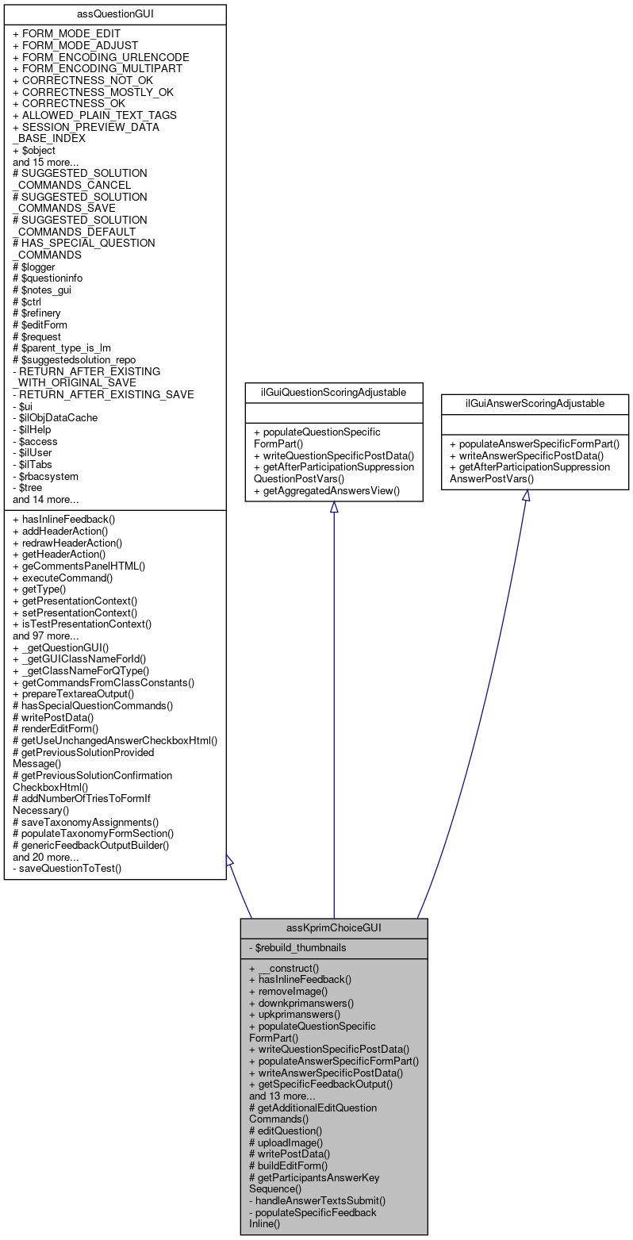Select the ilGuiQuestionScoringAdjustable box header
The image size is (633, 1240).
click(333, 391)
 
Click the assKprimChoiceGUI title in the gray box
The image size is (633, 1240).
click(334, 927)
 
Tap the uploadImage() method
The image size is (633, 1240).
click(290, 1142)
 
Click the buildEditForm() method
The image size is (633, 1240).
click(292, 1165)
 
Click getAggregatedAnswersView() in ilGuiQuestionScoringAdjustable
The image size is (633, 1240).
click(327, 491)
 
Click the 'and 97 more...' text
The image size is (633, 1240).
click(45, 635)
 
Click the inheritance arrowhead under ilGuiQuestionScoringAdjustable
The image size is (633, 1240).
click(333, 508)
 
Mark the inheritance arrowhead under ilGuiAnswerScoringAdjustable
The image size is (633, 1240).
click(526, 496)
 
